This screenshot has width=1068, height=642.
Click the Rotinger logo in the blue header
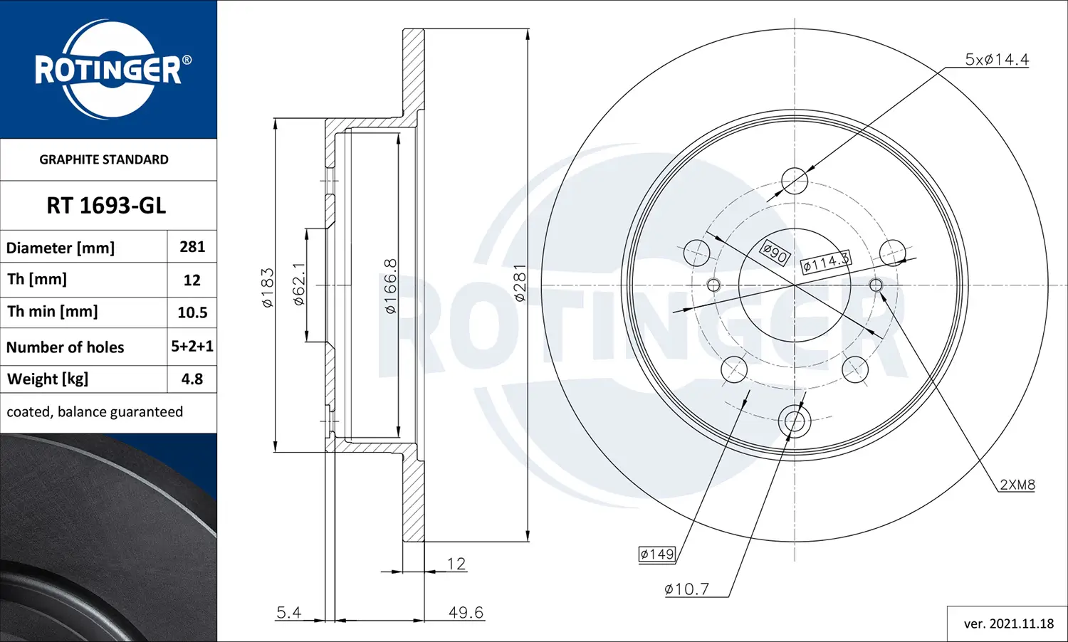click(108, 70)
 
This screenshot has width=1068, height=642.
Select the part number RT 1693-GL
click(106, 206)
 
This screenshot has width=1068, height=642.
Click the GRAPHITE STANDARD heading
click(104, 159)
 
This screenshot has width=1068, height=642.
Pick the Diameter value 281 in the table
click(192, 247)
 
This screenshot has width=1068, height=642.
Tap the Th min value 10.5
click(192, 312)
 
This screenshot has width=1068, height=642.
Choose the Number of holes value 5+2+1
click(192, 346)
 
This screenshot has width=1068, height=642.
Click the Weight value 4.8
click(192, 379)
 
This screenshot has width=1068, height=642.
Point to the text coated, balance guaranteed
click(95, 412)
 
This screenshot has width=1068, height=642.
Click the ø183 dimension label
click(268, 288)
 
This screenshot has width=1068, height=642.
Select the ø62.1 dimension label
click(299, 284)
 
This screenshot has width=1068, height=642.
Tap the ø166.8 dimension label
click(390, 286)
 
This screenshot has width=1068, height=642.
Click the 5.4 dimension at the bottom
click(288, 612)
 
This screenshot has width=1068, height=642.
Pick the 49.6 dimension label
click(466, 612)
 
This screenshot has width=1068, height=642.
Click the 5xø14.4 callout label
click(996, 60)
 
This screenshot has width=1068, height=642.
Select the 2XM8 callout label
click(1017, 485)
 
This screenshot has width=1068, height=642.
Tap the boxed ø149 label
click(656, 554)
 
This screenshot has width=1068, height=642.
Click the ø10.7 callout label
click(686, 589)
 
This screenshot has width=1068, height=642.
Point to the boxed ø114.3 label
click(826, 262)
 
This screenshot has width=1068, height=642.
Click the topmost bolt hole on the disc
click(795, 181)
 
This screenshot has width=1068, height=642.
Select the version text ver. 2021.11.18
click(1008, 623)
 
